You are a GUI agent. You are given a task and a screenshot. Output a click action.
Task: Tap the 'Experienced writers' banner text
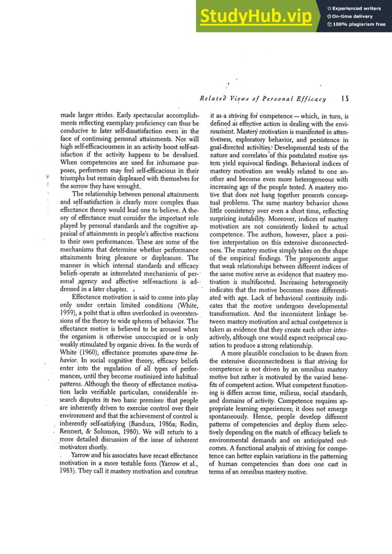[357, 8]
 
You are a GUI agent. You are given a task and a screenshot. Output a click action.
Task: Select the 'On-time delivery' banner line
[354, 16]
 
